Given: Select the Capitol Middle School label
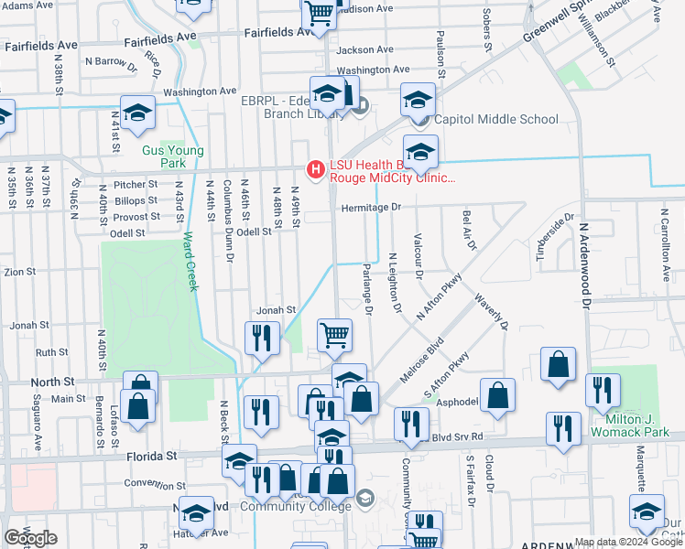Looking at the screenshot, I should (495, 119).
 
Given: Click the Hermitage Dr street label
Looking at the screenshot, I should (371, 208).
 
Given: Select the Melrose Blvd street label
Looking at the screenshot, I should (421, 359).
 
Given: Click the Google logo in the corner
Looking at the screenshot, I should (30, 537).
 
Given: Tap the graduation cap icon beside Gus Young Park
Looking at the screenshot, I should (138, 113).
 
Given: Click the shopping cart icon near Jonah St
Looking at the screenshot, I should (334, 335).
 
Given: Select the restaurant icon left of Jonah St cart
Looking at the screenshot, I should (262, 337).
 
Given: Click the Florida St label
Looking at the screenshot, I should (146, 455).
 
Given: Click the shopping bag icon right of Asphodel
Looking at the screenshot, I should (497, 395).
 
